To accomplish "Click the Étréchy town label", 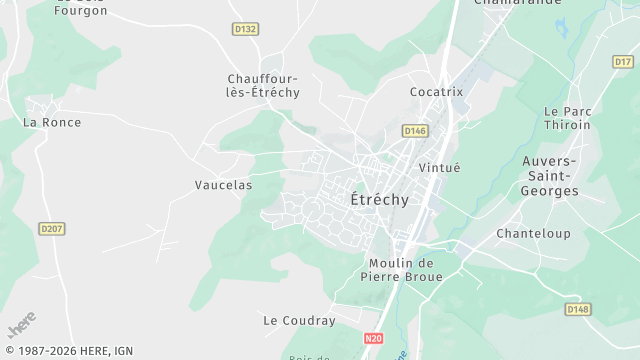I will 380,200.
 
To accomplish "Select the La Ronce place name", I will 52,123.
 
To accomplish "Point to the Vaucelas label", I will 223,185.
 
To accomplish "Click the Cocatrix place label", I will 437,92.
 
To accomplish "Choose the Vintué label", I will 439,167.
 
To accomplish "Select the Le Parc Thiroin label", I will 568,118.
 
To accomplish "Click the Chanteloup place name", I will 533,234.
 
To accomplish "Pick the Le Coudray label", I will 299,321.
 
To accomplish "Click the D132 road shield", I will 244,29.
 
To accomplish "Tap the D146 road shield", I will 415,131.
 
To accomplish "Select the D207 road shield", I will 52,229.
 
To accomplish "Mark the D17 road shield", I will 623,61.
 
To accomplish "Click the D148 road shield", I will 578,309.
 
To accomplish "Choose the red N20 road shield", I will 373,339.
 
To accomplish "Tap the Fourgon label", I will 80,11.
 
